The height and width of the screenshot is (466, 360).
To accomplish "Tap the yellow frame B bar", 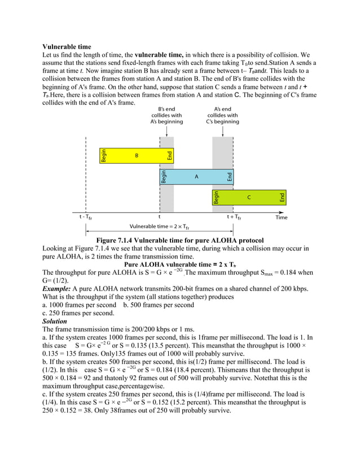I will [136, 155].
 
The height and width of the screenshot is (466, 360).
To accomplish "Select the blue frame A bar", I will [196, 177].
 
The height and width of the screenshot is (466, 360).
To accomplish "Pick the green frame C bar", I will [249, 197].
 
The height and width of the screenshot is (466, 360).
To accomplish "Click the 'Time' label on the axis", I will [281, 217].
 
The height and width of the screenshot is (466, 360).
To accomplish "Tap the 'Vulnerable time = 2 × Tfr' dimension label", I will [159, 227].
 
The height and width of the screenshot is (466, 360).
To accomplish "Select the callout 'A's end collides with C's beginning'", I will [222, 115].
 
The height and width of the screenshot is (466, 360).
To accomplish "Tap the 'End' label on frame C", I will [282, 197].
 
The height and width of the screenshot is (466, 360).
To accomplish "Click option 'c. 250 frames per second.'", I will [78, 313].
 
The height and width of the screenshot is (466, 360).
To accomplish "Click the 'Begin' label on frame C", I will [216, 197].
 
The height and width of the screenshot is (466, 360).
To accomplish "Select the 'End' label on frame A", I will [230, 177].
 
